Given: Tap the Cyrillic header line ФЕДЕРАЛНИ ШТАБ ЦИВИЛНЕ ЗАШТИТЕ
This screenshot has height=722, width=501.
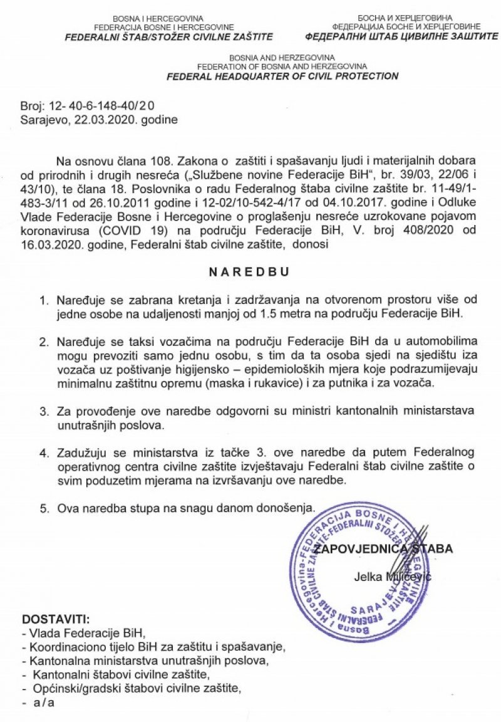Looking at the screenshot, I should click(x=406, y=36).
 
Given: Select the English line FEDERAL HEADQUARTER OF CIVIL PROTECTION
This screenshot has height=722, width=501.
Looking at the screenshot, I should click(x=282, y=76).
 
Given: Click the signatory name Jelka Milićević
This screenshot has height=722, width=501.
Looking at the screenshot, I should click(x=392, y=576).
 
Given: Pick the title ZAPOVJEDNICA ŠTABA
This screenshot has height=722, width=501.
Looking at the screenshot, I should click(x=383, y=550).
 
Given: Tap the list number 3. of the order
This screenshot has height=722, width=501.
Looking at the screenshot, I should click(x=44, y=412).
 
